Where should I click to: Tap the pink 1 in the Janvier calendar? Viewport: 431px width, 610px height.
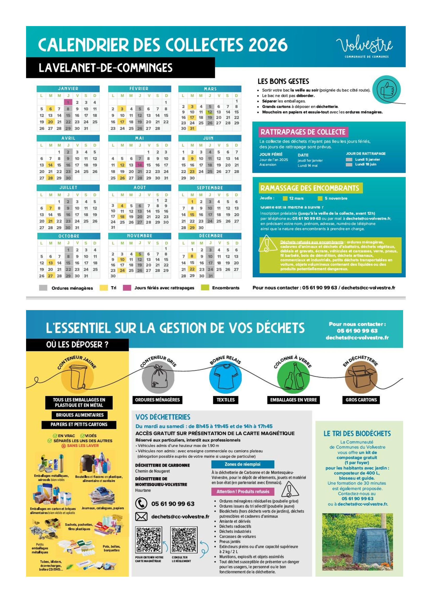coord(68,102)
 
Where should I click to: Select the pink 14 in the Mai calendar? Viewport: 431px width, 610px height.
coord(140,165)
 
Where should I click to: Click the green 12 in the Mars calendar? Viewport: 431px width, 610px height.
coord(210,112)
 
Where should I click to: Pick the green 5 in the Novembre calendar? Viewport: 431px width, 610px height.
coord(140,254)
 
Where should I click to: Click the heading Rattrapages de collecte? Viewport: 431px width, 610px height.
coord(303,132)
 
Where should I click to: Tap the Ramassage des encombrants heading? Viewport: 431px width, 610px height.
coord(310,188)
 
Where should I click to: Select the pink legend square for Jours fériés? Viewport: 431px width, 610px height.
coord(127,288)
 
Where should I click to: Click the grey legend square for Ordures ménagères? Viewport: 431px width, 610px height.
coord(43,288)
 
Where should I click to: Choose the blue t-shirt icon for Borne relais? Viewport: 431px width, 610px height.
coord(226,377)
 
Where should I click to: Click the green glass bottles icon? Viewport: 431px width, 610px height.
coord(293,377)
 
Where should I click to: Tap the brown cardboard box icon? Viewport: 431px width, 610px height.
coord(361,377)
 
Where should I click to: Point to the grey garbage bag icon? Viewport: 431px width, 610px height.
coord(158,377)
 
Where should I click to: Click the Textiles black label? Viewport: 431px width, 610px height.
coord(226,400)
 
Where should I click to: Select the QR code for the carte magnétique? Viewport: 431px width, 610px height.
coord(148,540)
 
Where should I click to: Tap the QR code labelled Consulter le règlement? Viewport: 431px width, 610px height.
coord(184,540)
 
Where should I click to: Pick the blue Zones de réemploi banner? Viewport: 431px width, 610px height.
coord(242,464)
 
